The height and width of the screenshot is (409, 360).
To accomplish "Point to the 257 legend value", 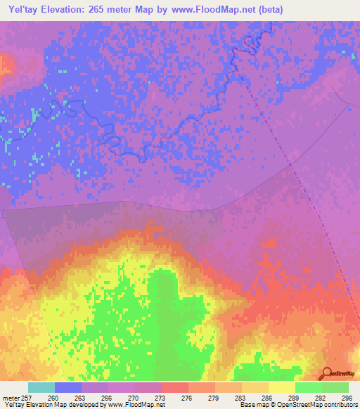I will click(x=27, y=397).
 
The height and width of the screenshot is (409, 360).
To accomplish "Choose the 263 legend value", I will click(x=82, y=397).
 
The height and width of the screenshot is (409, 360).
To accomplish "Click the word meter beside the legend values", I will click(x=9, y=397).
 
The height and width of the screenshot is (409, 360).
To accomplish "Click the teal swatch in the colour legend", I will click(x=41, y=387).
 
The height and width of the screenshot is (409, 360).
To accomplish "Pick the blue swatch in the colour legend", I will click(x=68, y=387).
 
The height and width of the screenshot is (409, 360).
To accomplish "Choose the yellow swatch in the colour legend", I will click(x=282, y=387).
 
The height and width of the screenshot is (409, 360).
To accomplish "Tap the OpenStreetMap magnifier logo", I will click(x=326, y=372).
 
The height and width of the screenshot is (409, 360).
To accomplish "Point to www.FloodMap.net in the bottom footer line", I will click(x=138, y=405).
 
